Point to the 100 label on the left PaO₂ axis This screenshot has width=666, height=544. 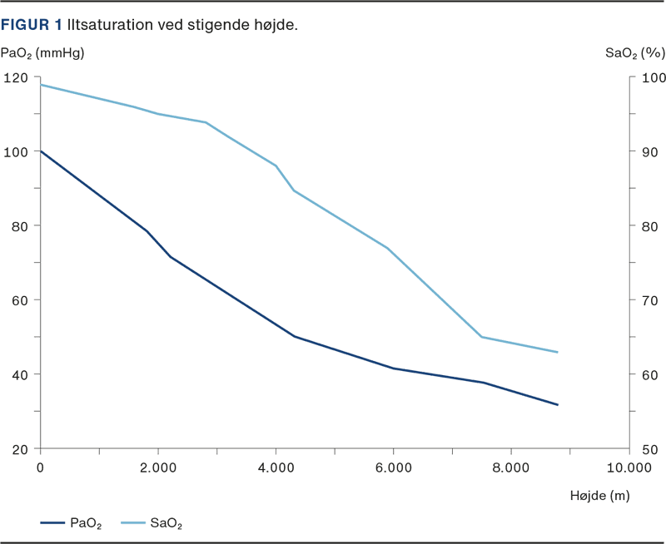(17, 152)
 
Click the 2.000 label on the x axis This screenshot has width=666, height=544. (157, 468)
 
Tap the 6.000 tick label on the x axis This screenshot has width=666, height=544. (393, 468)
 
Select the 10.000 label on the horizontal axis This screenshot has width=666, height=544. (628, 468)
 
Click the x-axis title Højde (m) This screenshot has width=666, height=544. (599, 497)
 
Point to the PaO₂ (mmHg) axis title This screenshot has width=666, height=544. (42, 54)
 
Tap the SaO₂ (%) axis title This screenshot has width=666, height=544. (634, 54)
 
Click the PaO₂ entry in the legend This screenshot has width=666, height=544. (87, 523)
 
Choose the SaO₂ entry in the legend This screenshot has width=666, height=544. (166, 523)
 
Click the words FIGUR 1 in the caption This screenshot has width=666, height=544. (32, 25)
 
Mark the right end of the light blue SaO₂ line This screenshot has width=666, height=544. (558, 353)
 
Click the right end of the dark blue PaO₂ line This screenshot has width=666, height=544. (558, 405)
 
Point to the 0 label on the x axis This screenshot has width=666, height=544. (40, 468)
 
